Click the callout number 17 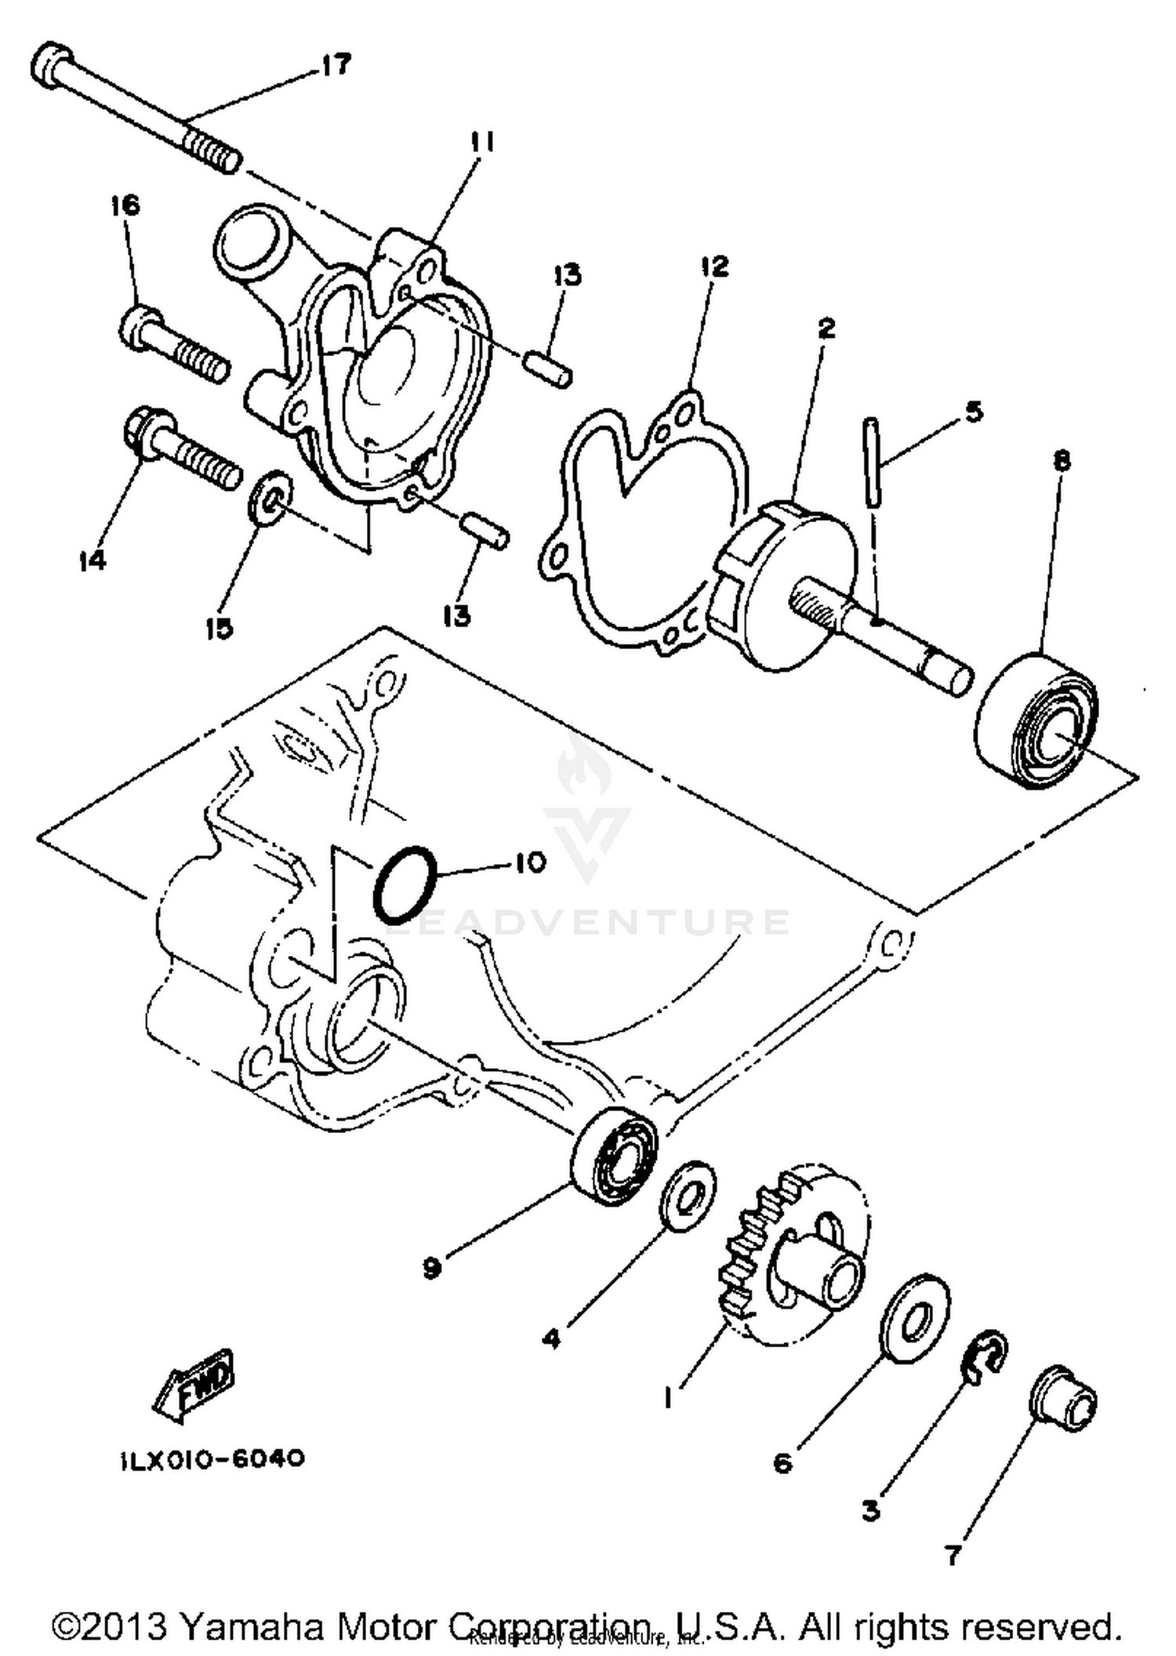click(x=336, y=65)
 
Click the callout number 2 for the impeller click(x=826, y=329)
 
